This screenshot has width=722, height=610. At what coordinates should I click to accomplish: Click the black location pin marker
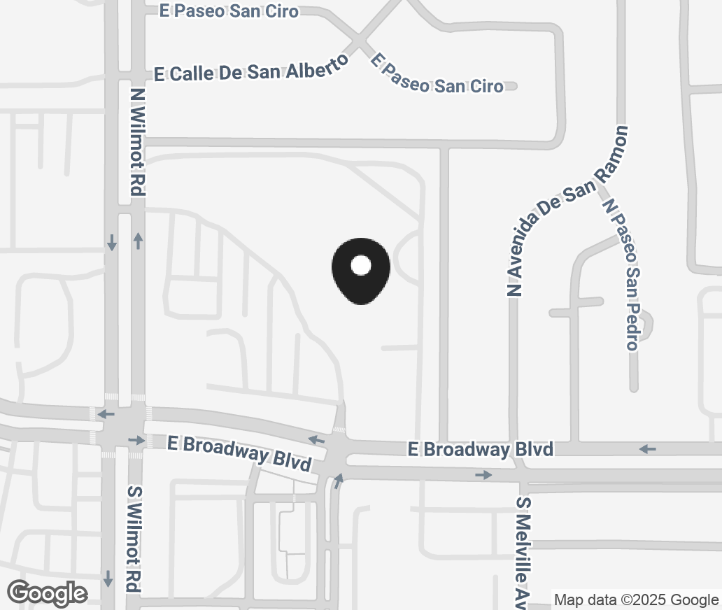coord(360,271)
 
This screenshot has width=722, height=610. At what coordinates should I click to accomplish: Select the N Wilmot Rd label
coord(137,141)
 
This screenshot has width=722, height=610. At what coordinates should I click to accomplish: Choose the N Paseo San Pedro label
coord(623,274)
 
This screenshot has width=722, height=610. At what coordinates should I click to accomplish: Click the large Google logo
coord(48,593)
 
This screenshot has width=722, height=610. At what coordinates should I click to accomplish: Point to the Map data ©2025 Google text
coord(636,600)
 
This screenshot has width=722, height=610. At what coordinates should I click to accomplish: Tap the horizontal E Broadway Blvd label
coord(481,449)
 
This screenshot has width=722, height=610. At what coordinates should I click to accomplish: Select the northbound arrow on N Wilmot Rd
coord(138,241)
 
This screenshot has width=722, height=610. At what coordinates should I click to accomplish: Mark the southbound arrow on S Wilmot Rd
coord(108,579)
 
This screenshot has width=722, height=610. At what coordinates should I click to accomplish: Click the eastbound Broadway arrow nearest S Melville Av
coord(483,475)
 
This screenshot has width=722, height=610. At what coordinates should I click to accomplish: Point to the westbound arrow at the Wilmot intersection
coord(106,415)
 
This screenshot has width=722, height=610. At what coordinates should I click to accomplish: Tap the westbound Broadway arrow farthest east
coord(648,448)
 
